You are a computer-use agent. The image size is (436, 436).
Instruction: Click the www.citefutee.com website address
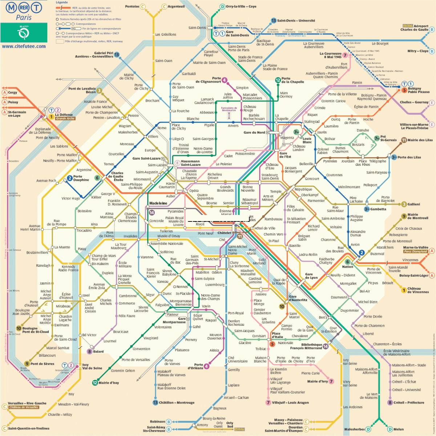point(24,46)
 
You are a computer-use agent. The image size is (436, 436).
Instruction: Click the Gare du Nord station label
point(254,133)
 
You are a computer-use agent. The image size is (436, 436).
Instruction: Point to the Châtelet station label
point(224,233)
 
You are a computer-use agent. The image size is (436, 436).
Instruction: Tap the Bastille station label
point(295,246)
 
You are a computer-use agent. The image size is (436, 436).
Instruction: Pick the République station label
point(303,189)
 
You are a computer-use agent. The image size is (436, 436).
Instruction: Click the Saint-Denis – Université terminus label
point(296,21)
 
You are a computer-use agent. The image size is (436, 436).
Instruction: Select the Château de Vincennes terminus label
point(418,290)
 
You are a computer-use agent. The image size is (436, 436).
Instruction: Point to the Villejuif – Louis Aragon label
point(290,403)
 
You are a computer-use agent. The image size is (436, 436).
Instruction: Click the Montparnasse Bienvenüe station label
point(181,303)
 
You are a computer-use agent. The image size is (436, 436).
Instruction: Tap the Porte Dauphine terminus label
point(81,178)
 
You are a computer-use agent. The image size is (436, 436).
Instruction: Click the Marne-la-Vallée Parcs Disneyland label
point(416,249)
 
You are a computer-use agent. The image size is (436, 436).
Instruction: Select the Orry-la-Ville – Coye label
point(241,7)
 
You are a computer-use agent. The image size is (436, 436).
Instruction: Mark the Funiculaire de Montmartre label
point(229,109)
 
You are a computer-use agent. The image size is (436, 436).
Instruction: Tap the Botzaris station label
point(358,144)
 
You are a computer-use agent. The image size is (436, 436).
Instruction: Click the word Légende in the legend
point(62,3)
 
